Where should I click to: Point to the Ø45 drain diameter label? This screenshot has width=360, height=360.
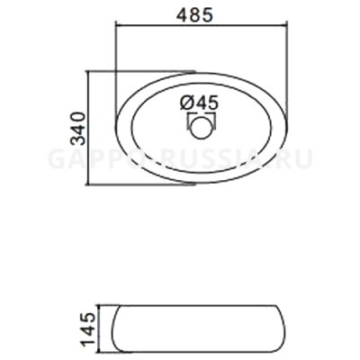199,102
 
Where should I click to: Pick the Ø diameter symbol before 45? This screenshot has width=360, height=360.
186,102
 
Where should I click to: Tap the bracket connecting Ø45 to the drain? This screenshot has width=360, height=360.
200,115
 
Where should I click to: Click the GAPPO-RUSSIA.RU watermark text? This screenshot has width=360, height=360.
180,159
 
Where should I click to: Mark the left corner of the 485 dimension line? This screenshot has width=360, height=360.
116,27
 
